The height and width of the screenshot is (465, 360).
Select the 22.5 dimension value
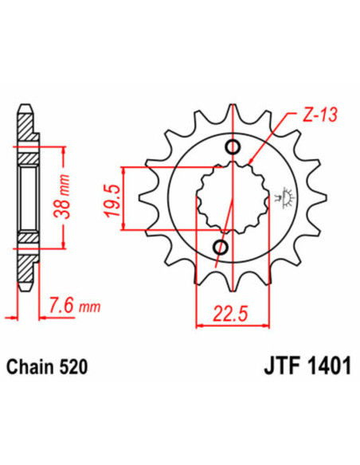click(227, 313)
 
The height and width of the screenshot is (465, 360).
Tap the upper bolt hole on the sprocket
click(233, 147)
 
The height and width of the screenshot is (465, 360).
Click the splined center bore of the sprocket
click(228, 197)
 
